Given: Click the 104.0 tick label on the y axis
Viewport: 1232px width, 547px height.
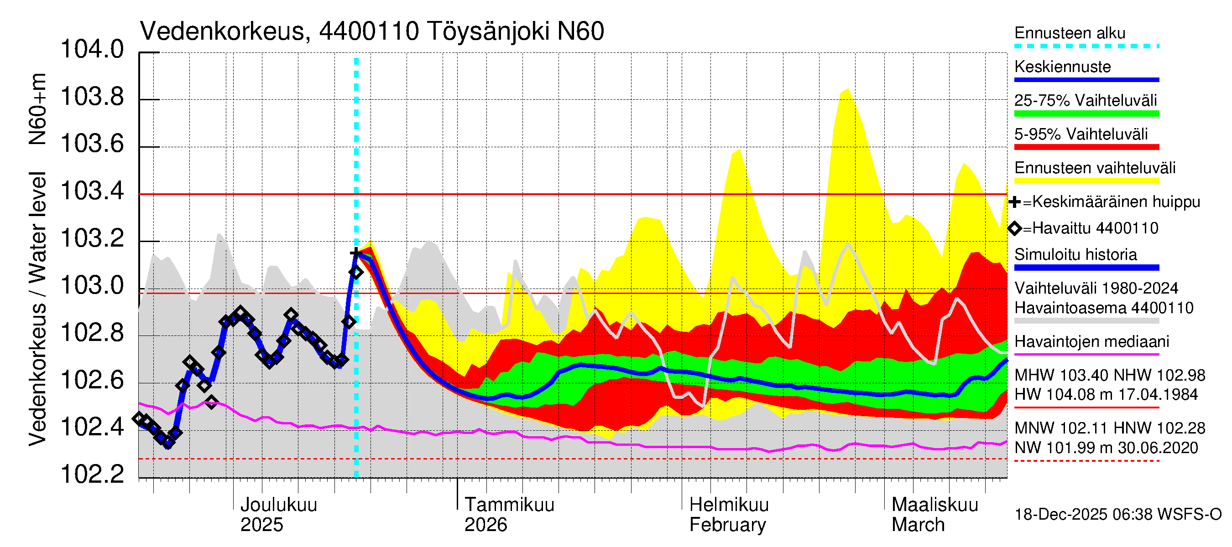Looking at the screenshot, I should click(92, 50).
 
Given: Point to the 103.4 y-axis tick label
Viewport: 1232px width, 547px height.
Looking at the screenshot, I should click(92, 191).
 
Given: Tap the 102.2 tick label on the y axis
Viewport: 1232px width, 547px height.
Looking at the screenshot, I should click(92, 475).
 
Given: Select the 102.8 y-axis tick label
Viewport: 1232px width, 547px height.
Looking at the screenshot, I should click(92, 333).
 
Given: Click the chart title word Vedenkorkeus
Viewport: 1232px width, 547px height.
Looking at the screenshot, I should click(222, 31).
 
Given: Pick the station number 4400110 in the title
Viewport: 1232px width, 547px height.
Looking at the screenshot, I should click(369, 31).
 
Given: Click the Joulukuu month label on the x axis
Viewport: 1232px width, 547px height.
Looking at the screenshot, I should click(278, 505).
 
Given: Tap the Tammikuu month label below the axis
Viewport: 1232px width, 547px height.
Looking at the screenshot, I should click(509, 505).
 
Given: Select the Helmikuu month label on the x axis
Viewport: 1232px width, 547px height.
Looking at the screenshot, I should click(729, 505).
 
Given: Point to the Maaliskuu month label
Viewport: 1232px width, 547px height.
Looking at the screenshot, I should click(934, 505).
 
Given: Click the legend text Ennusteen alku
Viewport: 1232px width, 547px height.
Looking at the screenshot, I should click(1070, 33).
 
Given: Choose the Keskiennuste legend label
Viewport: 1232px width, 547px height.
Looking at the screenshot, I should click(1063, 67).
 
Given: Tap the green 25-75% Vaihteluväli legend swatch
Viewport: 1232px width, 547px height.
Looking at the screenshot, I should click(1086, 114).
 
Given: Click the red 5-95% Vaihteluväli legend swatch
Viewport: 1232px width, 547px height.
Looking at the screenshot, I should click(1086, 147).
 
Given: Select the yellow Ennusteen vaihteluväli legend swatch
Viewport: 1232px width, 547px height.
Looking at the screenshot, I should click(1086, 181).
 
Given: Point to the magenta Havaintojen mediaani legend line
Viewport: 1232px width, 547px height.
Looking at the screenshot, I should click(1086, 355).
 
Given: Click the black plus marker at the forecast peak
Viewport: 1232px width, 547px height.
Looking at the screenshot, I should click(355, 253).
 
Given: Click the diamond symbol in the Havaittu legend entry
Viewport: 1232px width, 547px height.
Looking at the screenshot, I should click(1015, 228).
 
